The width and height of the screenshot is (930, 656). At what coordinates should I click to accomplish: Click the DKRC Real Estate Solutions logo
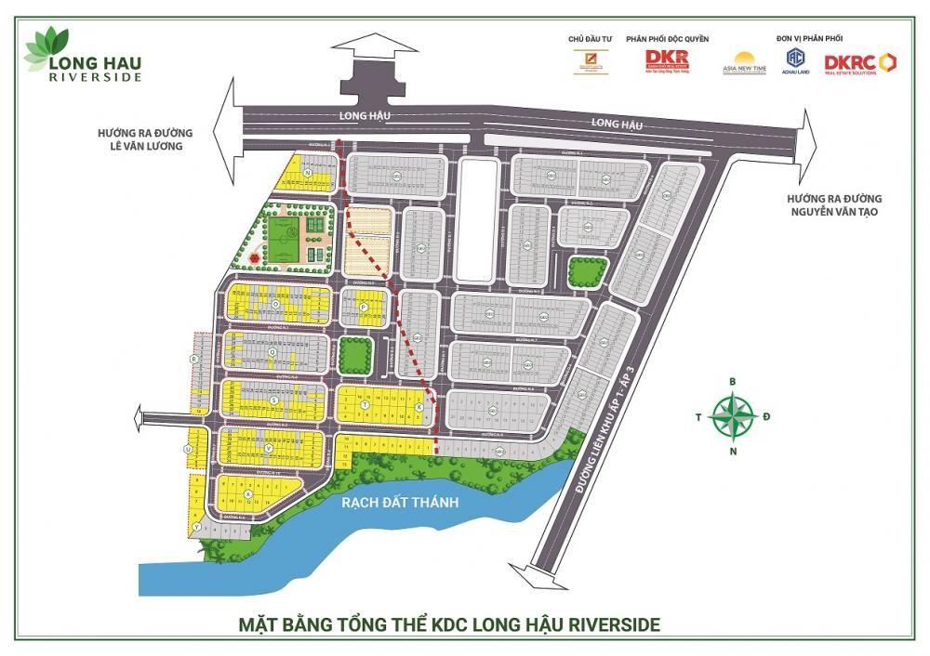click(x=860, y=62)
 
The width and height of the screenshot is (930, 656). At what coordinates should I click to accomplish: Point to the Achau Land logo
click(x=794, y=61)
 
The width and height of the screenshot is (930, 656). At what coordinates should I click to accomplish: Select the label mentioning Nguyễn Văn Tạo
click(x=833, y=205)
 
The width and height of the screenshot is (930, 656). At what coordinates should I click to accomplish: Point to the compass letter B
click(x=733, y=381)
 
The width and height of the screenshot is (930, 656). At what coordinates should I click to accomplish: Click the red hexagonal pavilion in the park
click(x=252, y=256)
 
